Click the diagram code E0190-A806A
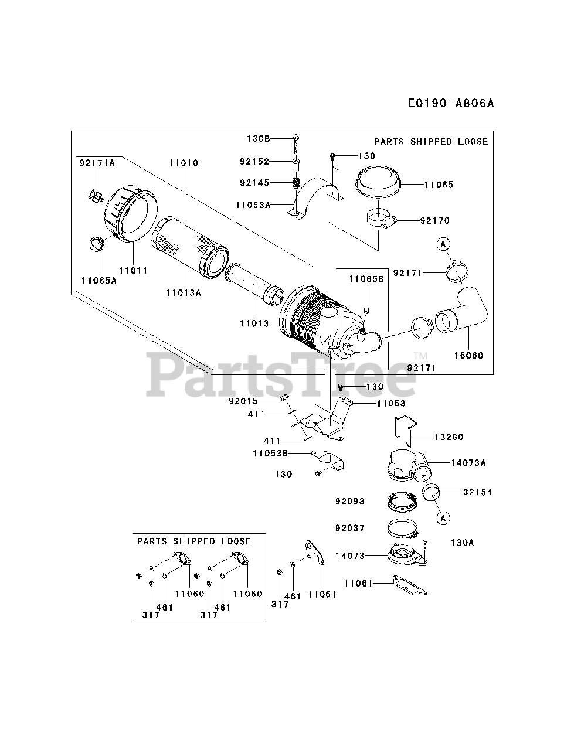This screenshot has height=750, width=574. pos(450,104)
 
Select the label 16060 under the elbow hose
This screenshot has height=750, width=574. pos(469,355)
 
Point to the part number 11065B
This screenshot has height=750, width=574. pos(366,279)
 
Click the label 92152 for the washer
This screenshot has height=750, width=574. pos(254,161)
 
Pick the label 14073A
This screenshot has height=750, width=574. pos(468,463)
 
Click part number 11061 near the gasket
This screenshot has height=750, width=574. pos(359,583)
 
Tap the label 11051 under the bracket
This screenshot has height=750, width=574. pos(322,594)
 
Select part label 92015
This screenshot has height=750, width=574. pos(243,401)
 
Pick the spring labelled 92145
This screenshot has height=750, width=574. pos(296,183)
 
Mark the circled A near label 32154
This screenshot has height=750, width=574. pos(444,517)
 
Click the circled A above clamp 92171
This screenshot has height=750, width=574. pos(443,244)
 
